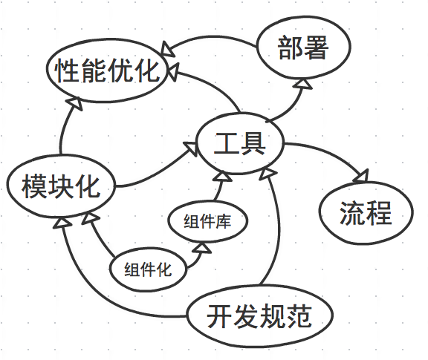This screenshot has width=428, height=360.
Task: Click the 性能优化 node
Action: (107, 71)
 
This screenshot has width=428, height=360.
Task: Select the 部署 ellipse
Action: (303, 48)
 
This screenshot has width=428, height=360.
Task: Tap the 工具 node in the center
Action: (240, 143)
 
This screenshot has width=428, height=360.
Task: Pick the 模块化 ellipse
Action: (61, 186)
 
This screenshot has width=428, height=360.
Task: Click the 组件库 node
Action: (208, 221)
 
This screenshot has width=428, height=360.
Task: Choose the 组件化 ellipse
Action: (148, 269)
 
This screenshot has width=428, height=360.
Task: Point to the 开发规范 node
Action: (260, 315)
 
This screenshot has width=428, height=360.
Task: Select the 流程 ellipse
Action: (366, 213)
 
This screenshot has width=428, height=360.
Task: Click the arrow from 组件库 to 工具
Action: (219, 188)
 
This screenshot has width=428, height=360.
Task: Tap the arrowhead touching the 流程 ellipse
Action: (362, 176)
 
